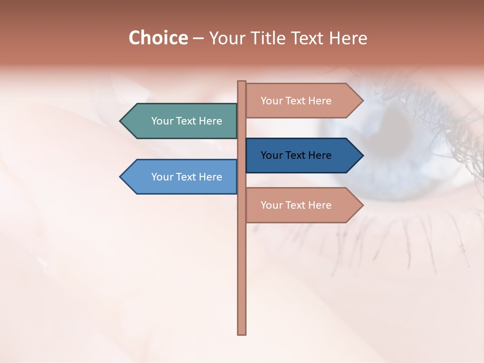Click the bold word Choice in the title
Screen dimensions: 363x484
(x=158, y=38)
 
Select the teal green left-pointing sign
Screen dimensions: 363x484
(x=181, y=121)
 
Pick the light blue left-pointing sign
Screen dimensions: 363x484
(x=181, y=177)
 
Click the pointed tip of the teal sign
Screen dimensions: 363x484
(x=122, y=121)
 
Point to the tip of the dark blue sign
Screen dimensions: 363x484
(x=361, y=155)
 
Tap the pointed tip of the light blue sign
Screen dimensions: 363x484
(x=122, y=177)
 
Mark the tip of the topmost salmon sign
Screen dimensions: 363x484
(x=361, y=101)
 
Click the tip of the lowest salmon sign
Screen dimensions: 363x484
(x=361, y=205)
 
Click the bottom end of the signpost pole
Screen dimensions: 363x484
(x=242, y=332)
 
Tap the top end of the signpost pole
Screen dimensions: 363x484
(x=242, y=83)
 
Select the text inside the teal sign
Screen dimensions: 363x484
(x=187, y=121)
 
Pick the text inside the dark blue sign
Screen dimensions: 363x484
(x=296, y=155)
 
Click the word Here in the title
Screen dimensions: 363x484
(x=348, y=38)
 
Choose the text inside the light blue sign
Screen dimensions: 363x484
(x=187, y=177)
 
